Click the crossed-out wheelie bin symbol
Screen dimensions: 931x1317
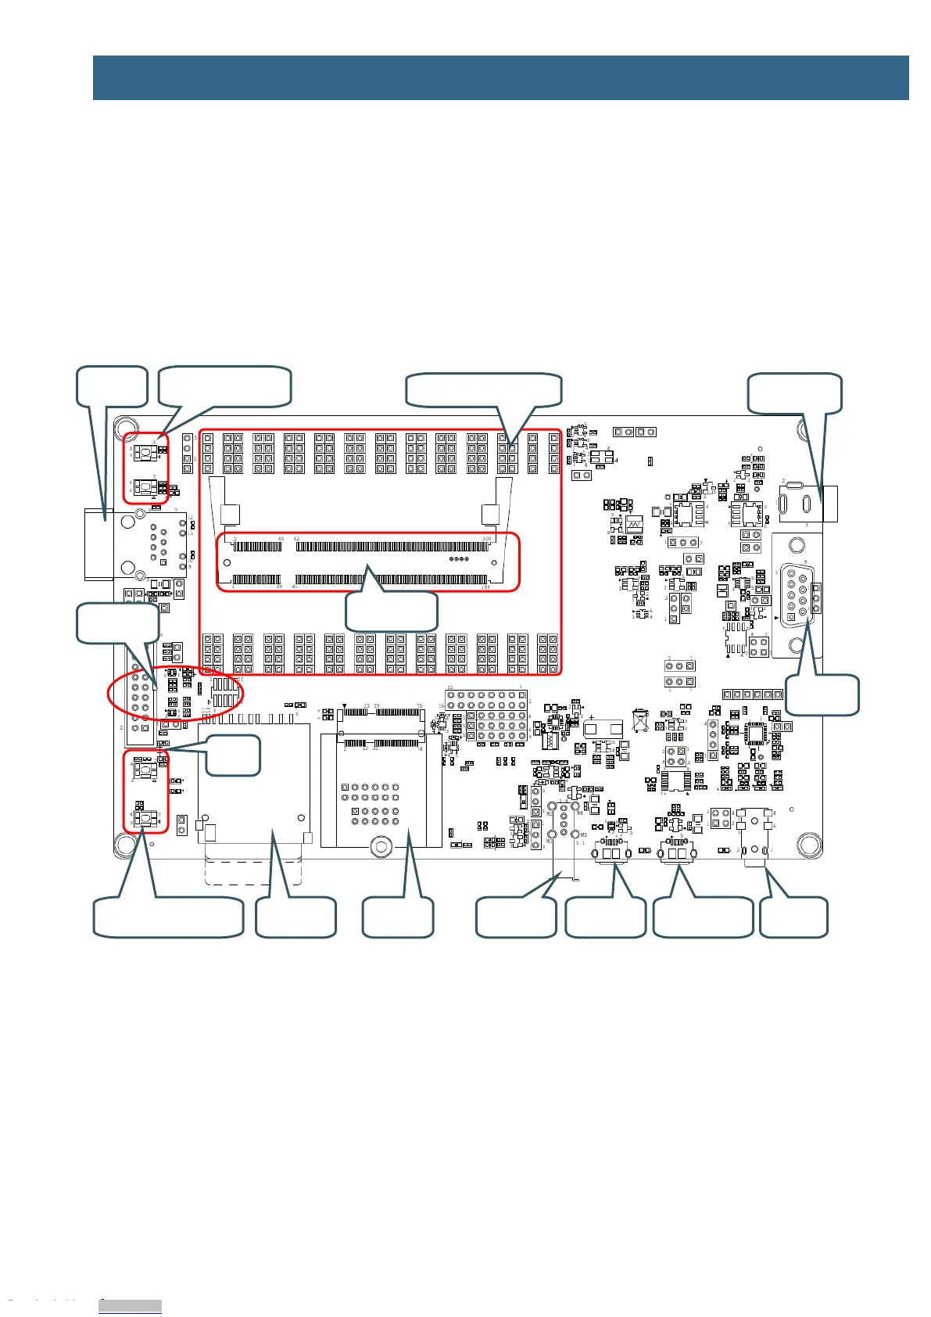click(x=640, y=720)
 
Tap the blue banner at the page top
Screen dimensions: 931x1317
click(x=500, y=77)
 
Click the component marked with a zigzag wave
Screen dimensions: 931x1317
click(x=634, y=524)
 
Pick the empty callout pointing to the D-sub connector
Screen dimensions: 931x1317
click(x=822, y=695)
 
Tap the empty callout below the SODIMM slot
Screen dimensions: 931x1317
click(x=391, y=611)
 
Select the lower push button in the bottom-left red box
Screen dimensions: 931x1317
click(x=145, y=819)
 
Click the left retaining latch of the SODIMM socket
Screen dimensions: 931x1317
click(x=230, y=515)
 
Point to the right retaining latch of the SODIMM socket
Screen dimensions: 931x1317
click(x=489, y=515)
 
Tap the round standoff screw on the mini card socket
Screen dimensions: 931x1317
click(x=381, y=846)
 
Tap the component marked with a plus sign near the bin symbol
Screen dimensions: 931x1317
click(x=603, y=727)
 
